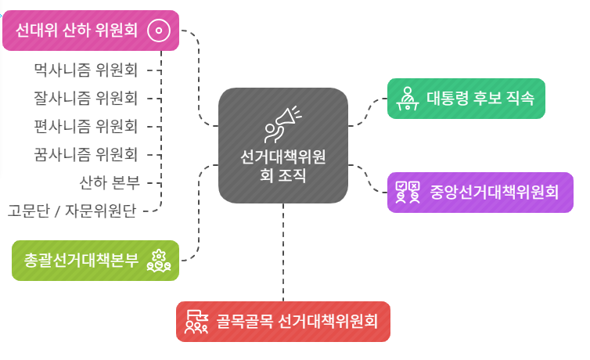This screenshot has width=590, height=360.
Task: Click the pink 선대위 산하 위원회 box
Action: (x=78, y=31)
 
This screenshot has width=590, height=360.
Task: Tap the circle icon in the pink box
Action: (x=159, y=31)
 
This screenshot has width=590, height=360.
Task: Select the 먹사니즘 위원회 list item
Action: (x=86, y=70)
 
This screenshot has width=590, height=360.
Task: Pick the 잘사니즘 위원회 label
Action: (x=86, y=99)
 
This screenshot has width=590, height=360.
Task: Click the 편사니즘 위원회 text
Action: (x=86, y=126)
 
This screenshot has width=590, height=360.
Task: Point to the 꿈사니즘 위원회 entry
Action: (x=86, y=154)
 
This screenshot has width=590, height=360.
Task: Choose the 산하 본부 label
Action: (x=109, y=182)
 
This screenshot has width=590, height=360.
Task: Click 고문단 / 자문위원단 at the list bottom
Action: (x=72, y=211)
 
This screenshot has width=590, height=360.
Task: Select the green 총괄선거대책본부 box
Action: (x=82, y=261)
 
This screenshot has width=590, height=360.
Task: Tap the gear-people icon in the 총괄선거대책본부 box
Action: (x=159, y=261)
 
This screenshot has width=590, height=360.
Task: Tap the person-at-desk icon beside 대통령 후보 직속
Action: (x=407, y=99)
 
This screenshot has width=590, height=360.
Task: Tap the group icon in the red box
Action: (x=196, y=321)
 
